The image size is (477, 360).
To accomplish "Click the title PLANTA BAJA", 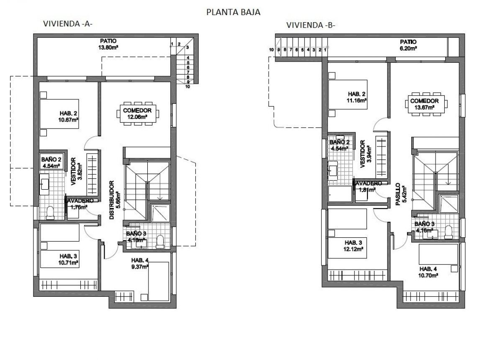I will point(233,12).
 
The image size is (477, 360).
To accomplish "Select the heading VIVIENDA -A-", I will point(68,24).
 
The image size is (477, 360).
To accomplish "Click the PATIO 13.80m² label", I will point(108,44).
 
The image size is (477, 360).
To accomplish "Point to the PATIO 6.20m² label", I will point(408,45).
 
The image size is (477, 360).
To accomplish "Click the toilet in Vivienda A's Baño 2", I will point(50,213).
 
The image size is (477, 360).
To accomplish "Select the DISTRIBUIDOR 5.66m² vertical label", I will point(115,200).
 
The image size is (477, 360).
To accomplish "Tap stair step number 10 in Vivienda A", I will point(188,87).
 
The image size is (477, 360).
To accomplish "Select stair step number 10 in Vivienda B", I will point(272,50).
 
